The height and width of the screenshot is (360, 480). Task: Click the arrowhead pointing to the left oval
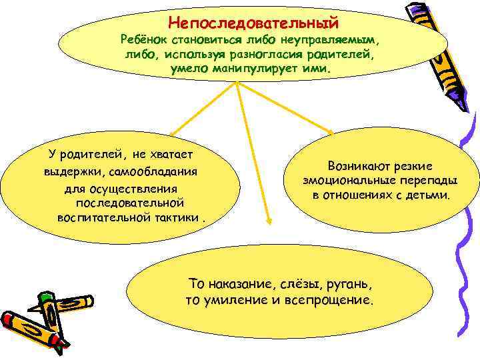(x=171, y=134)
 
